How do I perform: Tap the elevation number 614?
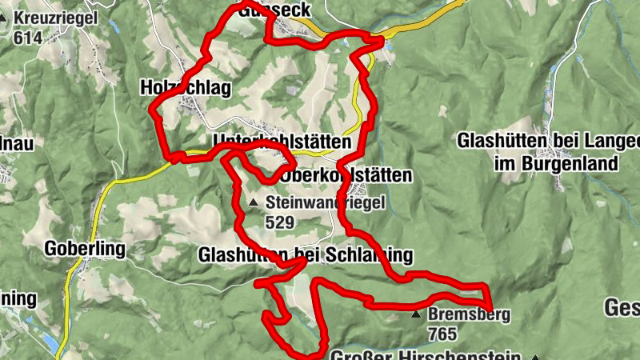coord(26,38)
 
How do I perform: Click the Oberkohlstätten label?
coord(347,175)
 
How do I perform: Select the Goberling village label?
coord(86,249)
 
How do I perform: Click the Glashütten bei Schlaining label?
coord(305,255)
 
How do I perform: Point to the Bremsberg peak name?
coord(469,315)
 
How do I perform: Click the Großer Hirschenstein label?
coord(426,355)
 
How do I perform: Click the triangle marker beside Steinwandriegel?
coord(254,203)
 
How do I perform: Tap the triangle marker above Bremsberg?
coord(415,315)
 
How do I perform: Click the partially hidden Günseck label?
coord(280,8)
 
